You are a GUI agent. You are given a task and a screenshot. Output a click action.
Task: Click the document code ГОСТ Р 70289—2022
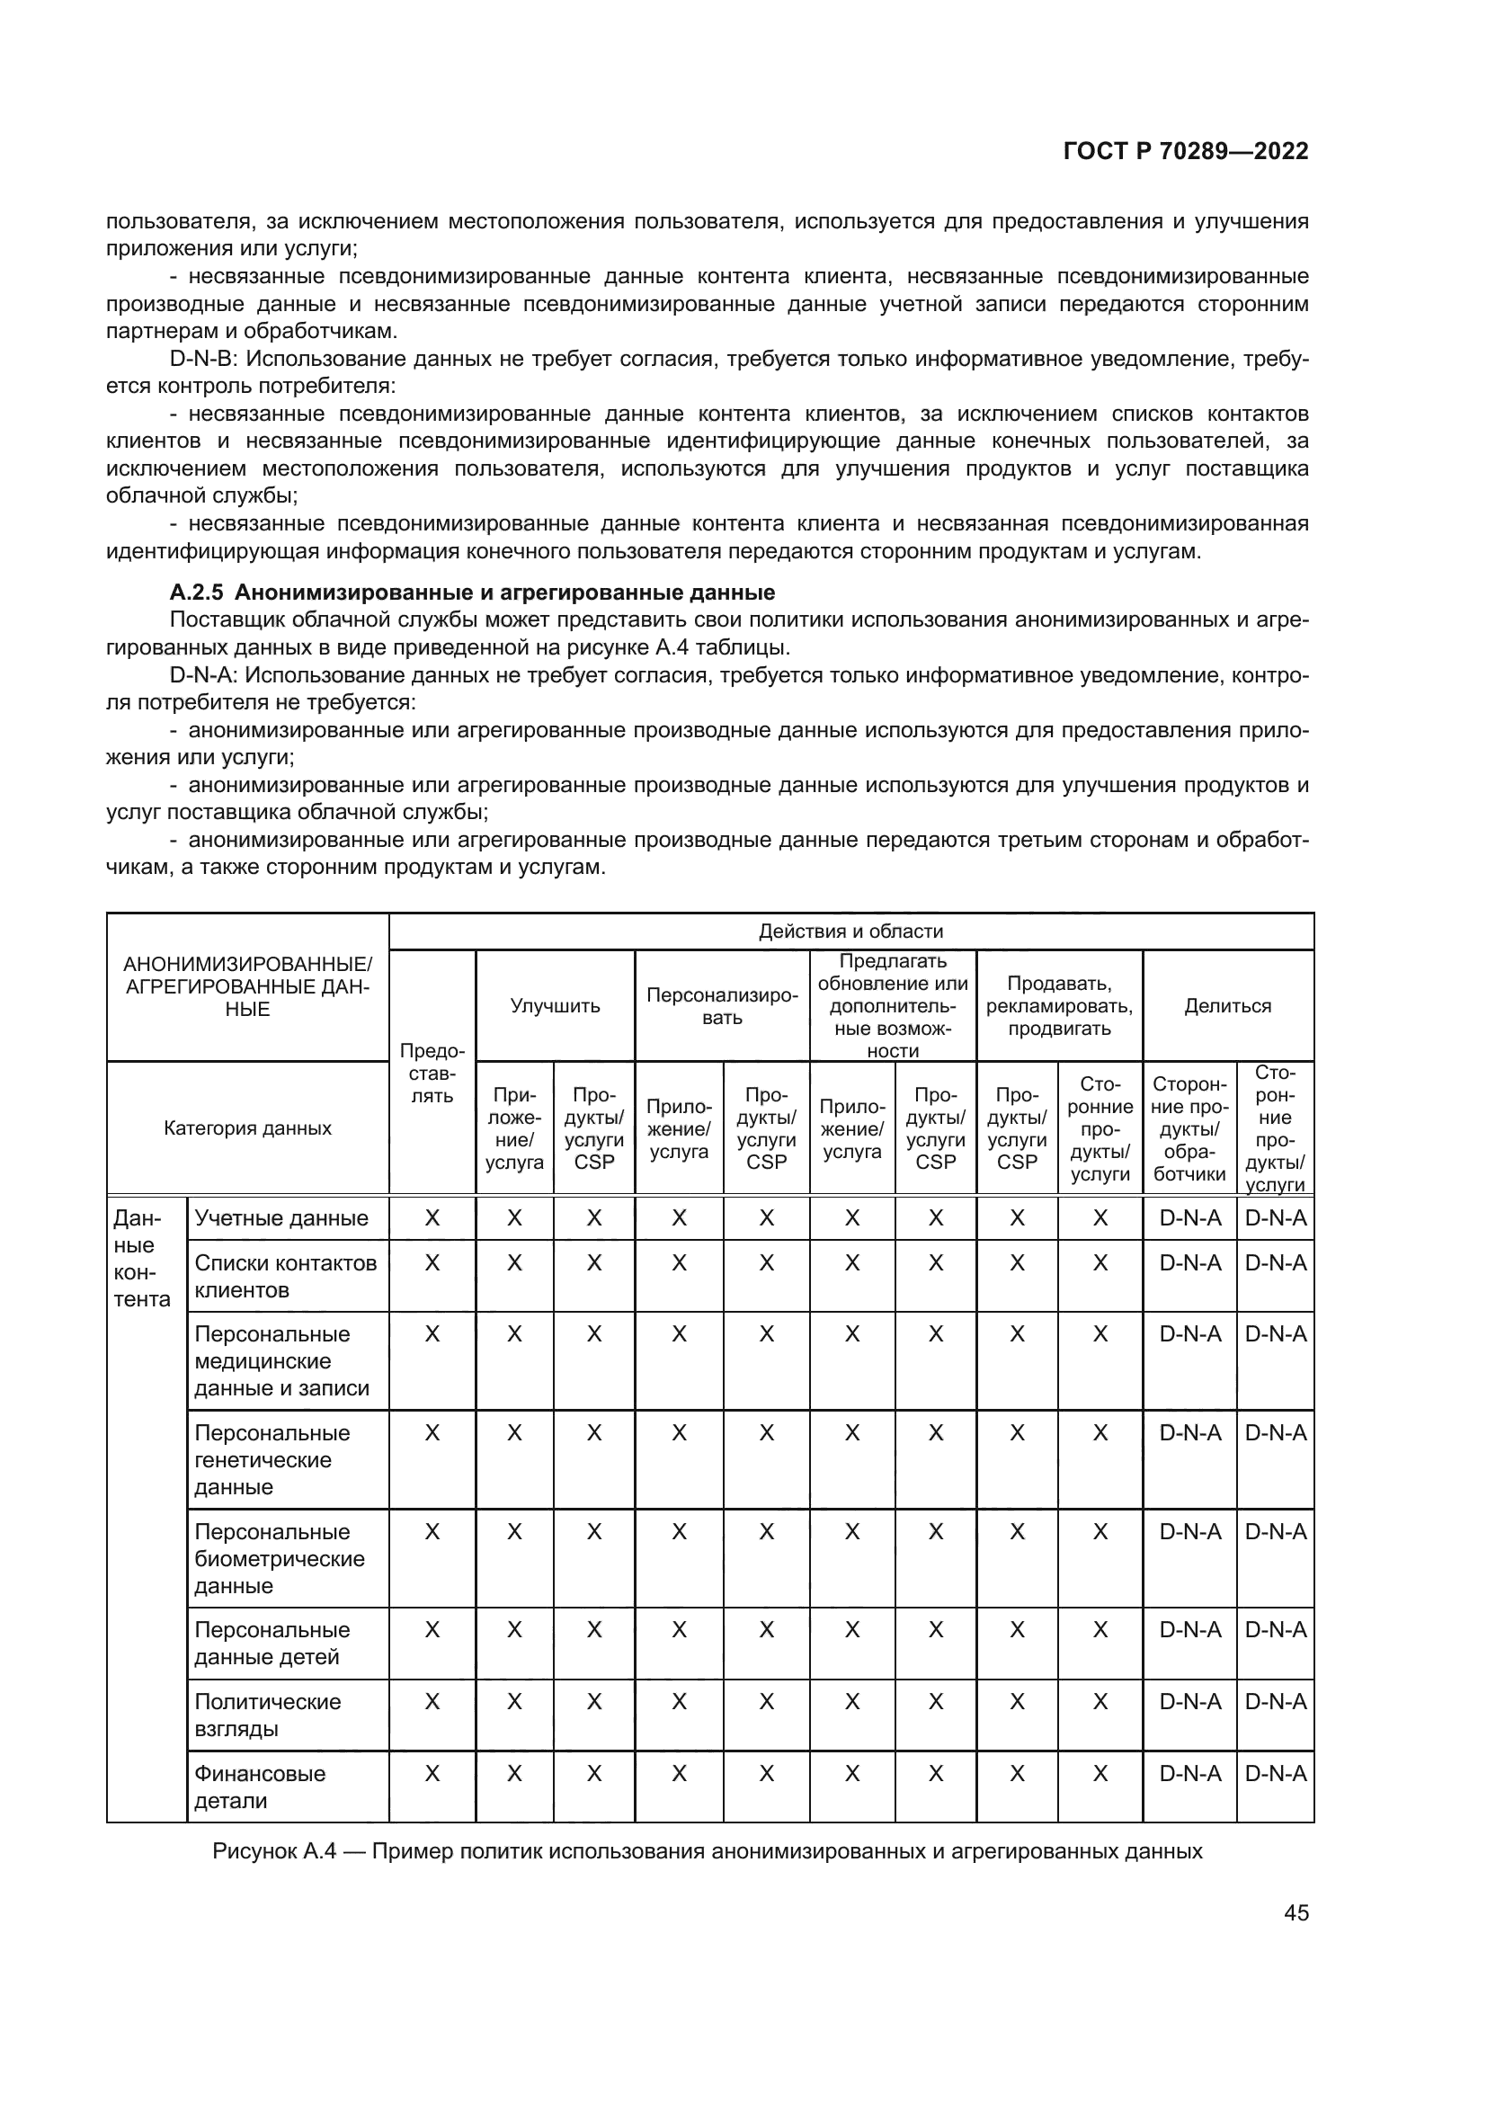1185,152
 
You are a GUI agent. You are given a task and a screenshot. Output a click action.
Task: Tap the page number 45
1296,1912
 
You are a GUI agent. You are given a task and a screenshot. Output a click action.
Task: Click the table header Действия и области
850,931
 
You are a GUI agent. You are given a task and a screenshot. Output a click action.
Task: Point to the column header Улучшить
555,1006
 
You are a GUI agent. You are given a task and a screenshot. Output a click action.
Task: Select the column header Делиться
1227,1006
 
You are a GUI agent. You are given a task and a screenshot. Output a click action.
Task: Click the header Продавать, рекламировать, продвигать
1058,1006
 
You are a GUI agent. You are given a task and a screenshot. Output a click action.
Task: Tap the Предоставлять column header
432,1073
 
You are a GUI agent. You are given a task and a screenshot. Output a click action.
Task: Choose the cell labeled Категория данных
247,1128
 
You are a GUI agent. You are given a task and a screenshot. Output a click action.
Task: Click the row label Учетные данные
281,1218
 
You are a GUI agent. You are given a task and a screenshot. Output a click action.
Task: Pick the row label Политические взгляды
267,1715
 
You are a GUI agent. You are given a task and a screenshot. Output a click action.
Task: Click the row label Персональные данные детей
272,1644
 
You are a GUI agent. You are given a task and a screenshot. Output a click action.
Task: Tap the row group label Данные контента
141,1259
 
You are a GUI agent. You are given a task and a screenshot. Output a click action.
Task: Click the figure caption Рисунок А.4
706,1850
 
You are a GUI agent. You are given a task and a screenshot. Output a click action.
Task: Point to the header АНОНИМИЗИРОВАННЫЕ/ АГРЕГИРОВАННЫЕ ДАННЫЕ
247,987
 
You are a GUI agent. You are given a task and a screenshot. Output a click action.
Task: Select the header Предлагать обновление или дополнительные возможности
892,1006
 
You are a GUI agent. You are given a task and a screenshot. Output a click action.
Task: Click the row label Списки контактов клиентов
285,1276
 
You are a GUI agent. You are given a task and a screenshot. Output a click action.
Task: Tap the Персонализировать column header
722,1006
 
